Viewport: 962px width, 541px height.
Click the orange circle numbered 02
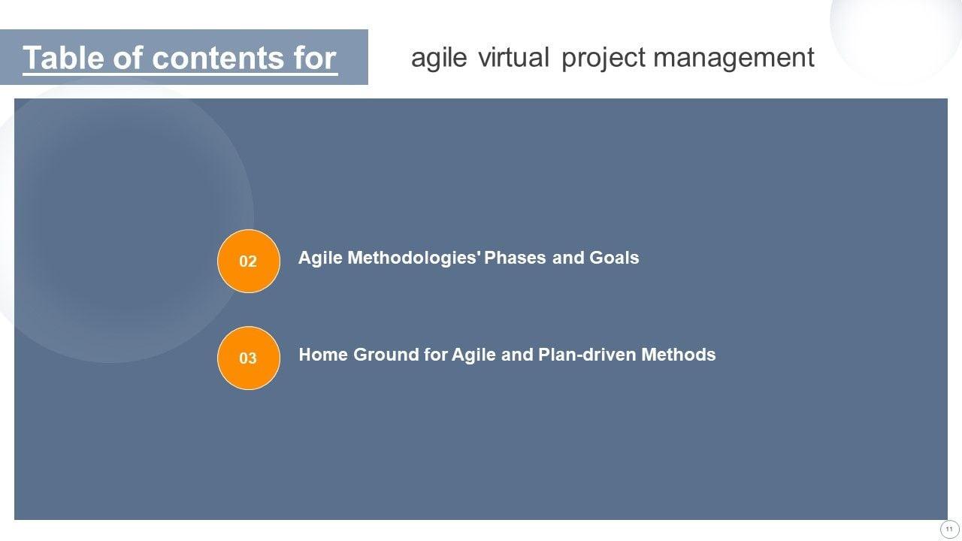[249, 261]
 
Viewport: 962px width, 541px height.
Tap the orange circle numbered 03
[249, 358]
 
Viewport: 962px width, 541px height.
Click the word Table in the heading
[63, 58]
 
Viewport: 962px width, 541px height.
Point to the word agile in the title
[439, 59]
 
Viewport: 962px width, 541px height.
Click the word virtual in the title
[513, 58]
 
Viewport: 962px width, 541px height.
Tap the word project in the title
[604, 59]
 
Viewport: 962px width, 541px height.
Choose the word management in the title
[734, 59]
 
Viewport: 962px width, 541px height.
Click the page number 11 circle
[949, 530]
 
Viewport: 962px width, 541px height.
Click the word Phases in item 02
[515, 258]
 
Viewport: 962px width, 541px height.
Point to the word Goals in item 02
[614, 258]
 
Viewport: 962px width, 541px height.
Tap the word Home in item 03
[323, 355]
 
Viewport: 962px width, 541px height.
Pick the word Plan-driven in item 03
[587, 355]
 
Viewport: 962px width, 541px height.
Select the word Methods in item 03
[679, 355]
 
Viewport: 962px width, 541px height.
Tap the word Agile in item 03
[473, 355]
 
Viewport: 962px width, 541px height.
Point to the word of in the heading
[128, 58]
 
